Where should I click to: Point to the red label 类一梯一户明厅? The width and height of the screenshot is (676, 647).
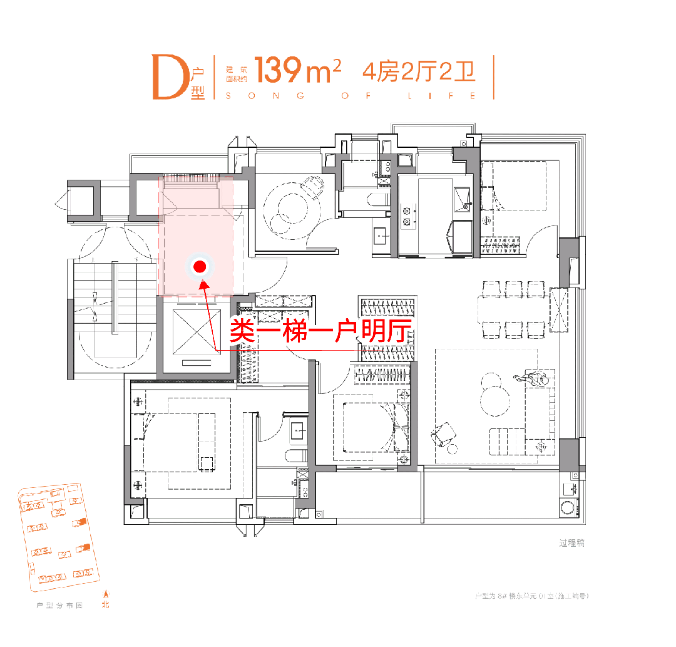tap(320, 329)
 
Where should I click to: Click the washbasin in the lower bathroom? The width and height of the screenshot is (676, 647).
tap(297, 430)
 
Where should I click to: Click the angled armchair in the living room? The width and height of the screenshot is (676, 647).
tap(446, 432)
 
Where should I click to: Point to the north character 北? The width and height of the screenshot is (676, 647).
tap(105, 606)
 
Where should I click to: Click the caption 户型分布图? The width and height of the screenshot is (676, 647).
tap(60, 606)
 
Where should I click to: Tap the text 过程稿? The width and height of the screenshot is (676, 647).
tap(571, 544)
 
